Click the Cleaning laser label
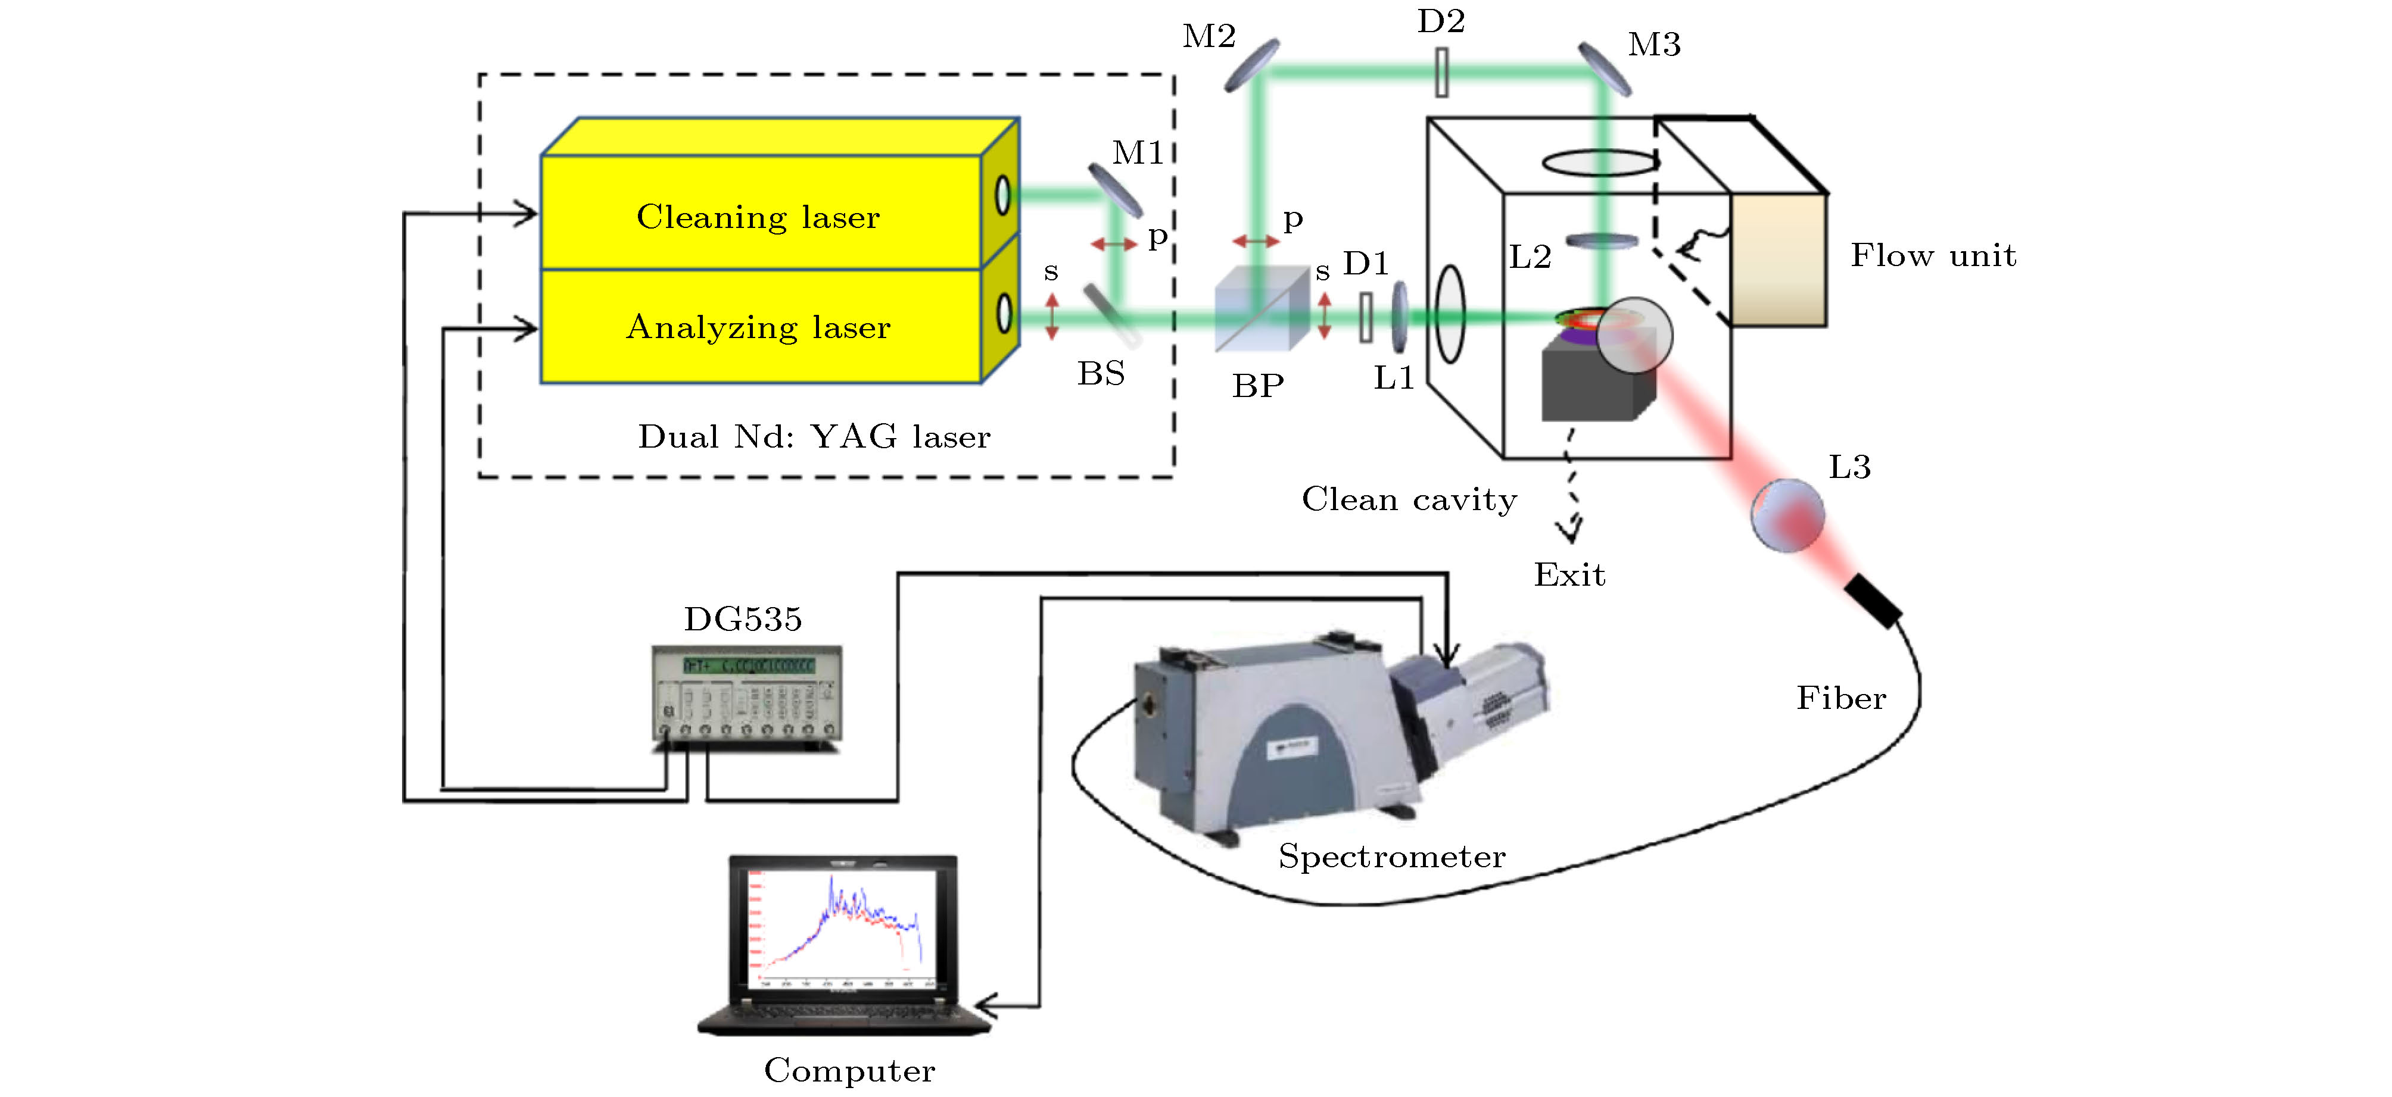[x=758, y=217]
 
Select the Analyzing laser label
[x=758, y=327]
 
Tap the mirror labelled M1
[x=1114, y=190]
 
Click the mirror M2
[x=1251, y=65]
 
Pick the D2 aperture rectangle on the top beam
[x=1441, y=73]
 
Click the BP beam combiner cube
[x=1261, y=309]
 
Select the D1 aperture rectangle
[x=1366, y=317]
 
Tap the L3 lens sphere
[x=1787, y=515]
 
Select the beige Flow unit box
[x=1778, y=260]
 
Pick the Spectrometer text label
[x=1391, y=857]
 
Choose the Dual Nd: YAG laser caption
[x=814, y=437]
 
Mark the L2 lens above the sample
[x=1602, y=241]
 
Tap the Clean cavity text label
[x=1409, y=499]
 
